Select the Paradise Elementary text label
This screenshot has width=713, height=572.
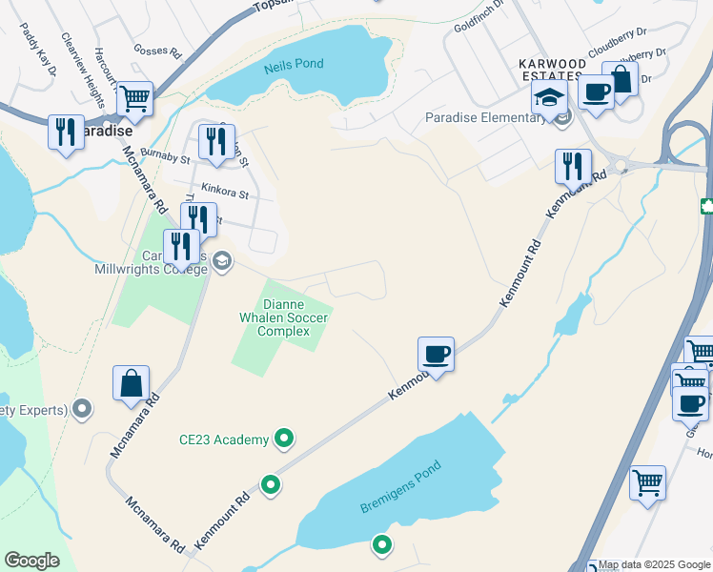(x=485, y=118)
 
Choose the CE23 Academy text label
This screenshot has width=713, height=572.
(x=224, y=439)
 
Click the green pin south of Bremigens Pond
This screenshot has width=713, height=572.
(x=381, y=545)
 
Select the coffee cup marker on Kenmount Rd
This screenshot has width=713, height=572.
(x=436, y=355)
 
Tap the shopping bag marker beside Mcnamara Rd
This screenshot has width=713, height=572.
(x=132, y=383)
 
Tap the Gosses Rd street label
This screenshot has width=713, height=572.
(x=157, y=51)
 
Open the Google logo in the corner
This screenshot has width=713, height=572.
(x=31, y=561)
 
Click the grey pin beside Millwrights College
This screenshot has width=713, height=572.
(x=222, y=260)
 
